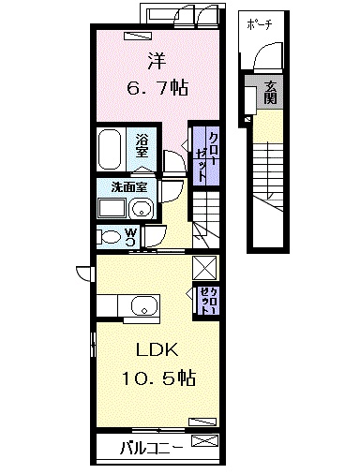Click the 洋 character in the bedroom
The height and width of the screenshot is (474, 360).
point(157,62)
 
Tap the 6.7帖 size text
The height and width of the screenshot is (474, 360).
point(157,89)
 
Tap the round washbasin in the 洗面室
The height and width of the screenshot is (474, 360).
point(142,208)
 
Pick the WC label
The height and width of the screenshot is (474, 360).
point(130,234)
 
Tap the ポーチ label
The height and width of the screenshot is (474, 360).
point(259,24)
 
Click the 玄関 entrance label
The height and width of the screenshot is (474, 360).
point(270,92)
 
